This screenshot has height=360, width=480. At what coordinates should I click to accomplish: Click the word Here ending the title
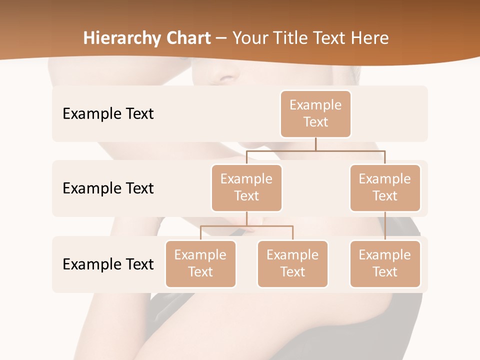pyautogui.click(x=370, y=38)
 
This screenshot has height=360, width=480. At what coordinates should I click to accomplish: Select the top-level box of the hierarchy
pyautogui.click(x=315, y=113)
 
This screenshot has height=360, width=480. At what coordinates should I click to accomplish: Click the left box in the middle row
pyautogui.click(x=246, y=187)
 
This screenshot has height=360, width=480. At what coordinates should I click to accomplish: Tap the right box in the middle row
pyautogui.click(x=385, y=187)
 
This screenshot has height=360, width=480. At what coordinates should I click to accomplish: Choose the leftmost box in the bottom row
pyautogui.click(x=200, y=263)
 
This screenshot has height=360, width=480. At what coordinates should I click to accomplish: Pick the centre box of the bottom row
pyautogui.click(x=292, y=263)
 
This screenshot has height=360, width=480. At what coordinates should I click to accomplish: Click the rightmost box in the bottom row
pyautogui.click(x=385, y=263)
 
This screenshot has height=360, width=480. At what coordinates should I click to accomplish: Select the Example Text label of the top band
pyautogui.click(x=108, y=114)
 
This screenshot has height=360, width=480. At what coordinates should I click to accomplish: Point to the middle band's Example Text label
pyautogui.click(x=108, y=188)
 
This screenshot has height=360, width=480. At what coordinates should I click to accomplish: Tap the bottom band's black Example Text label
pyautogui.click(x=108, y=264)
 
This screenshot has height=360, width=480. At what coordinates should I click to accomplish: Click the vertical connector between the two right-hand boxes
pyautogui.click(x=385, y=226)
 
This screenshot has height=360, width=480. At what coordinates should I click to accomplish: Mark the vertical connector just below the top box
pyautogui.click(x=315, y=144)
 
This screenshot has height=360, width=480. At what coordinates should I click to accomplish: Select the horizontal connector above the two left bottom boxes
pyautogui.click(x=225, y=226)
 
